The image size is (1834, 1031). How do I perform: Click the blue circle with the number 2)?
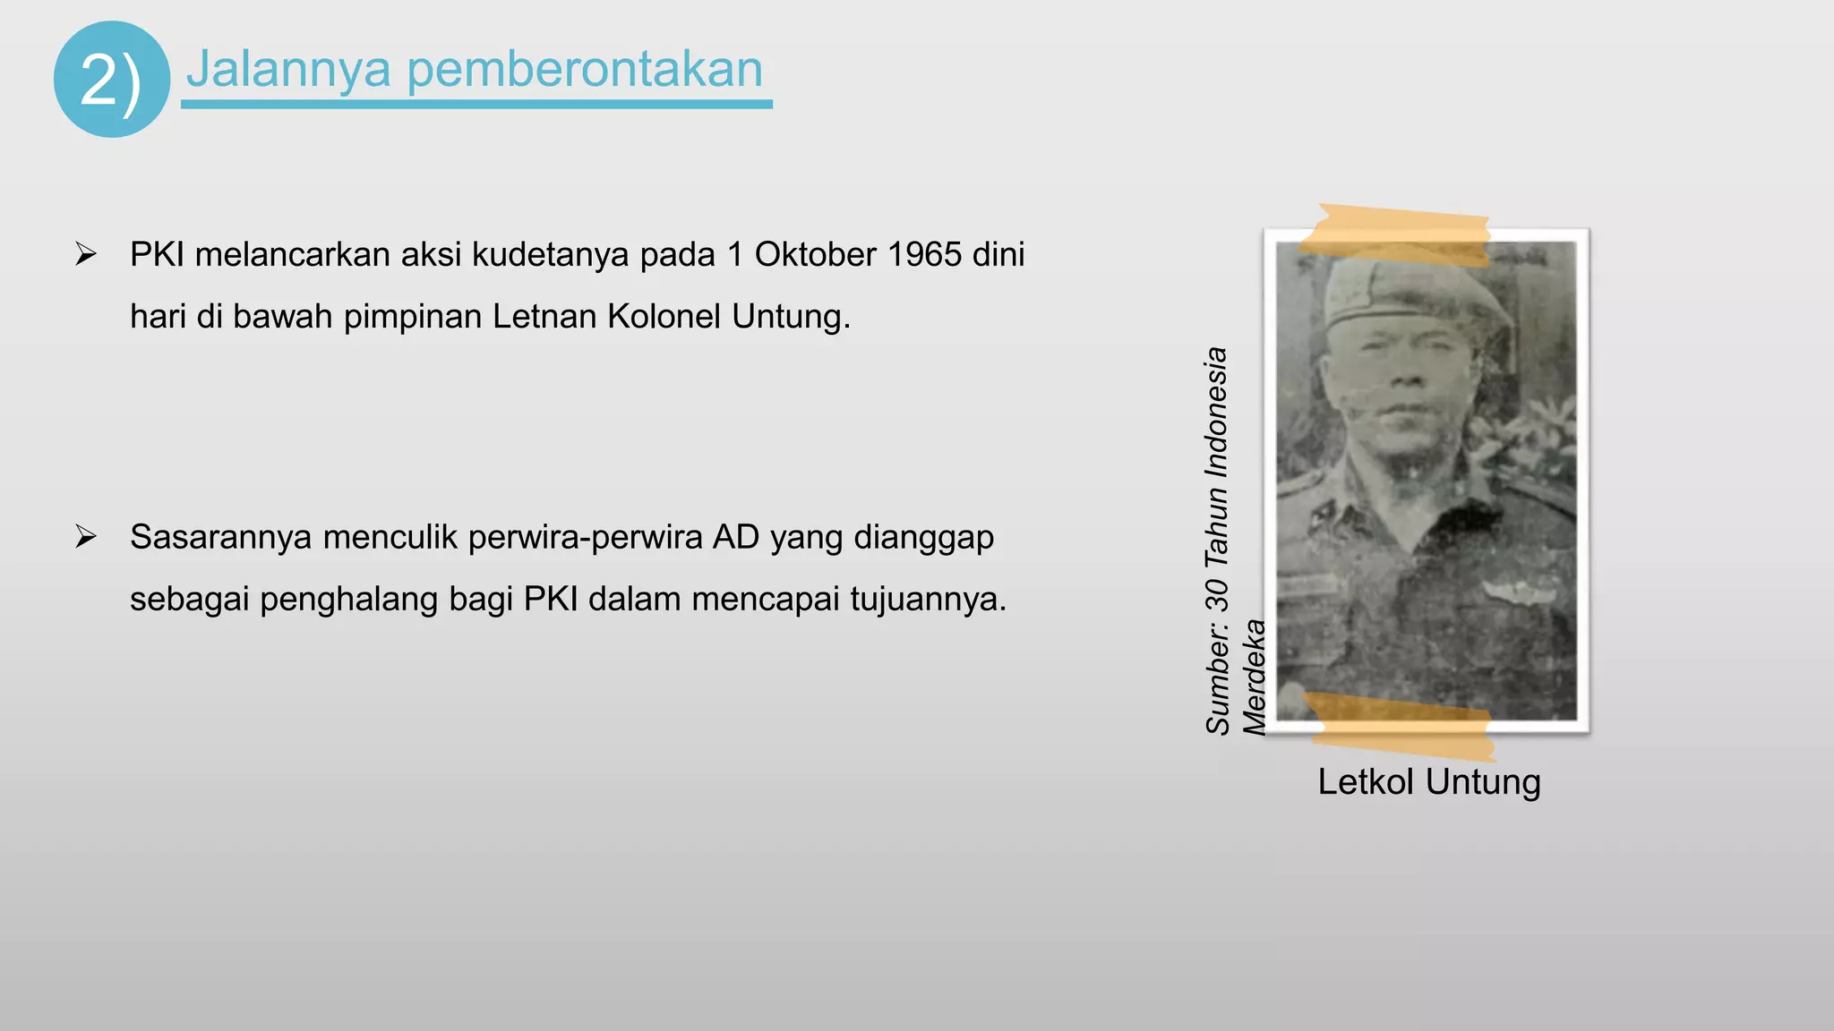111,80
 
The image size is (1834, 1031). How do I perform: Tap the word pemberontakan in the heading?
585,69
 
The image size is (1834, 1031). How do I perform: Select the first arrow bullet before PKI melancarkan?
86,254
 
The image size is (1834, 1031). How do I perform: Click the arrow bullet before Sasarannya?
86,537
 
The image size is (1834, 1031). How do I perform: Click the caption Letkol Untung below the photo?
1428,782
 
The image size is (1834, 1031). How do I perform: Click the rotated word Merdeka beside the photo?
1255,677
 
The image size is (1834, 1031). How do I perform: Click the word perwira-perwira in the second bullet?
585,538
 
